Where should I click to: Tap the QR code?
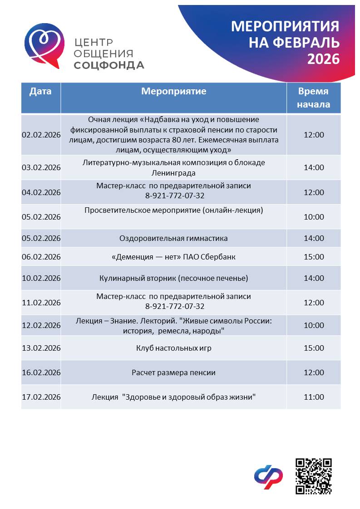(x=314, y=476)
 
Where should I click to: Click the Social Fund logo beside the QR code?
(x=268, y=477)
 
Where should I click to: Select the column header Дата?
(x=40, y=91)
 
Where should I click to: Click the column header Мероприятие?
(x=173, y=91)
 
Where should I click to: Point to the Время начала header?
(x=313, y=98)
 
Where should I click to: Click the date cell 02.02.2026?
(x=41, y=135)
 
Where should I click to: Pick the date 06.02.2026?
(x=41, y=257)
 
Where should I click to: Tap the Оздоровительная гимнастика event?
(x=173, y=238)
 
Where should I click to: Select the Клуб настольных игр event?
(x=173, y=348)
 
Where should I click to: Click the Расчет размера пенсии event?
(x=173, y=372)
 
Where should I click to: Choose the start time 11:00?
(x=314, y=397)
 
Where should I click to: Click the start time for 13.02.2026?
(x=314, y=348)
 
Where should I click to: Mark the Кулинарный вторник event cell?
(x=173, y=278)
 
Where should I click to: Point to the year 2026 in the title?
(x=323, y=59)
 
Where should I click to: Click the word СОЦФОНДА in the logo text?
(x=109, y=65)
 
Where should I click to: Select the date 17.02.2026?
(x=41, y=397)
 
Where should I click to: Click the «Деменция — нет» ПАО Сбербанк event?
(x=173, y=257)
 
